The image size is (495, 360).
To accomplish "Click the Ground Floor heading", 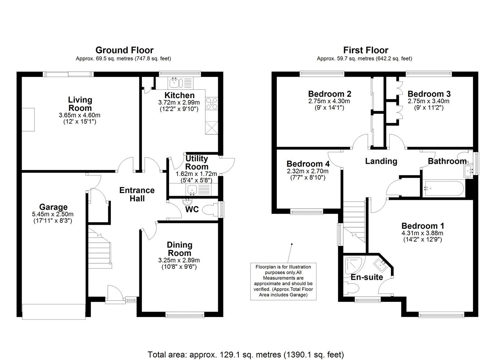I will click(124, 50).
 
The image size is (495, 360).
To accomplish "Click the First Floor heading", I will click(365, 50).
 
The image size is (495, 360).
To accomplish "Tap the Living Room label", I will click(80, 104).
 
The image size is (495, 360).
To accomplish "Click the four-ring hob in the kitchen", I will click(212, 103).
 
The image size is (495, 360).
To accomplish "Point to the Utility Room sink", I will click(191, 190).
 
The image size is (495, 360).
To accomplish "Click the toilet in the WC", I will click(210, 210).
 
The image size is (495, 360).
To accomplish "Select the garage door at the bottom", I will click(54, 311).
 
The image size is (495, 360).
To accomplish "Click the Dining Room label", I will click(179, 249).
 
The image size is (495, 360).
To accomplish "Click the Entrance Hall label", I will click(137, 194).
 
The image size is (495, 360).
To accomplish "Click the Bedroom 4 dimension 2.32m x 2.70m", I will click(308, 171).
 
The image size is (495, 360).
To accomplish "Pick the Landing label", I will click(381, 161).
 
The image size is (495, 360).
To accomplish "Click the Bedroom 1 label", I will click(422, 226).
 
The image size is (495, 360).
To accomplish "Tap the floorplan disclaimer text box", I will click(283, 281).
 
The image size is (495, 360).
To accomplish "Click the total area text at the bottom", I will click(246, 355).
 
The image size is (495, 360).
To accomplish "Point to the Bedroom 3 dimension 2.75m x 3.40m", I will click(429, 101).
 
